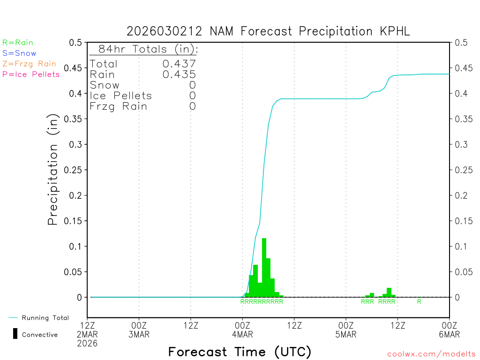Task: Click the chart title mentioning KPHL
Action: (x=268, y=31)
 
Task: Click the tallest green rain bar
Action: (x=264, y=267)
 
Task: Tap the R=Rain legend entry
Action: (x=18, y=43)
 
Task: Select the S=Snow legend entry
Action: (x=19, y=53)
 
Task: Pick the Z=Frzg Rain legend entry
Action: (x=29, y=64)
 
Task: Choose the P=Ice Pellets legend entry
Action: (x=31, y=74)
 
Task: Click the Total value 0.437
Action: (x=179, y=64)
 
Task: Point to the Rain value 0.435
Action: (x=179, y=75)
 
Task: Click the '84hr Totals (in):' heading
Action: (x=148, y=49)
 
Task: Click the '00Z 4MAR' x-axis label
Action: (x=242, y=330)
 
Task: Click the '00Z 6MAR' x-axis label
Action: (x=450, y=330)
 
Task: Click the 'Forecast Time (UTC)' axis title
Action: (x=240, y=352)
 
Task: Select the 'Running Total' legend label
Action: (x=45, y=318)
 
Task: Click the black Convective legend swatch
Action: (x=15, y=334)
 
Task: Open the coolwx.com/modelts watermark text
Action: (x=431, y=354)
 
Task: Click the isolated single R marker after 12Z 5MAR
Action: (x=419, y=301)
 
